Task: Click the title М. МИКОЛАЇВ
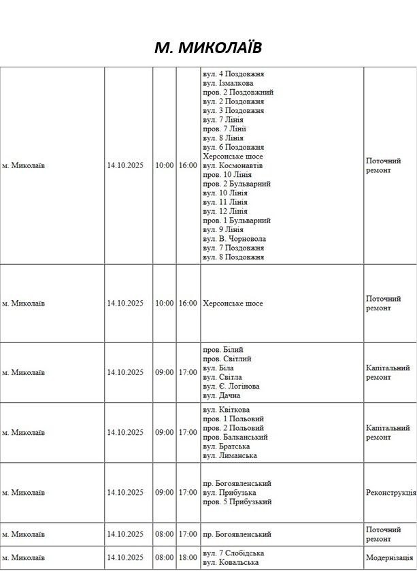coord(207,47)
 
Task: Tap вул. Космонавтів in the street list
coord(233,165)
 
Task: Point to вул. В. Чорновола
coord(234,239)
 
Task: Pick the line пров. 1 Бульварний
coord(236,221)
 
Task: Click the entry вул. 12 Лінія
coord(224,212)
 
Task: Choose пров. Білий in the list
coord(222,349)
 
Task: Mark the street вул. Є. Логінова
coord(231,386)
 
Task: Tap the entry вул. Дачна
coord(221,395)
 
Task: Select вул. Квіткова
coord(226,410)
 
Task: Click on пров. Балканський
coord(235,437)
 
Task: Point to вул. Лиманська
coord(229,455)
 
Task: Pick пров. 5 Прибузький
coord(237,502)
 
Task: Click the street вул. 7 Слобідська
coord(233,553)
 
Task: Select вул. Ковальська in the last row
coord(231,562)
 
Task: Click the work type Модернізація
coord(389,557)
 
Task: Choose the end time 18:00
coord(188,557)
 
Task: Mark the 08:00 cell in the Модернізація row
coord(164,557)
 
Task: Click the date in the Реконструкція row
coord(125,492)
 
